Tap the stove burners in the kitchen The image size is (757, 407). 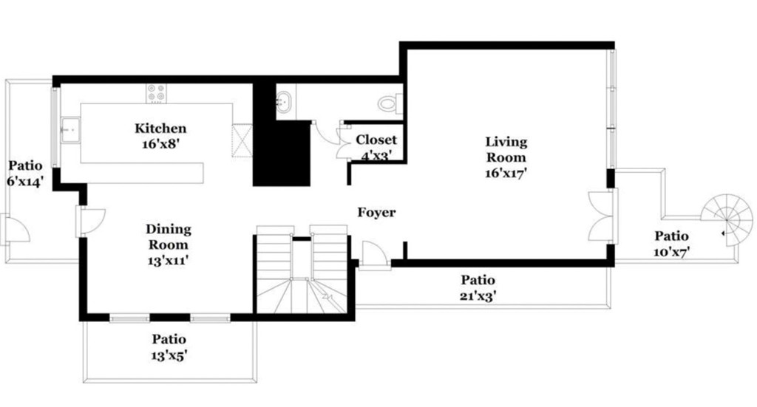pos(156,94)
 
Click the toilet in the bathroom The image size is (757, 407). pos(389,103)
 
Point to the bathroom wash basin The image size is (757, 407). pos(286,101)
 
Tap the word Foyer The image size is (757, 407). pos(376,213)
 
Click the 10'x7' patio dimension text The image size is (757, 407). pos(671,252)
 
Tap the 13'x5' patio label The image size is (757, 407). pos(169,355)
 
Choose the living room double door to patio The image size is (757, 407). pos(601,215)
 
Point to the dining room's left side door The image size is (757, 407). pos(90,221)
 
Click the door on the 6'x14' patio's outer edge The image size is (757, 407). pos(15,228)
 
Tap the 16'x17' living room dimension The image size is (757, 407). pos(506,174)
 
